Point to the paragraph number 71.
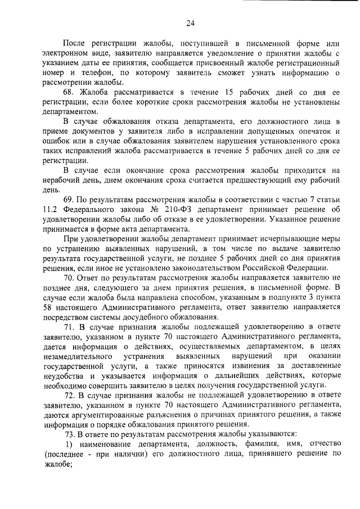click(69, 326)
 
